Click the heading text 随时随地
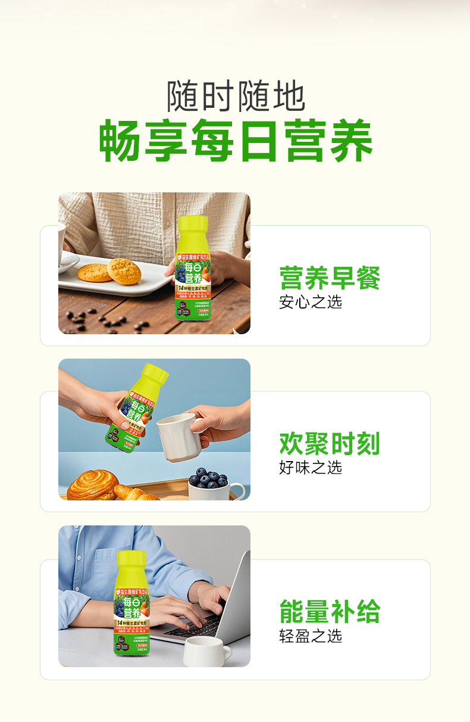[236, 96]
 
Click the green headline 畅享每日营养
[236, 141]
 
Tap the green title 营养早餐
[329, 278]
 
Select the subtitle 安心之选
[311, 302]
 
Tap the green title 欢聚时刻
[329, 444]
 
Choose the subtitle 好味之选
[311, 468]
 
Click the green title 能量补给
[329, 612]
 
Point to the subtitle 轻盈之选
[311, 636]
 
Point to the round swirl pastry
[92, 486]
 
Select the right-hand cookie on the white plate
[124, 272]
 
